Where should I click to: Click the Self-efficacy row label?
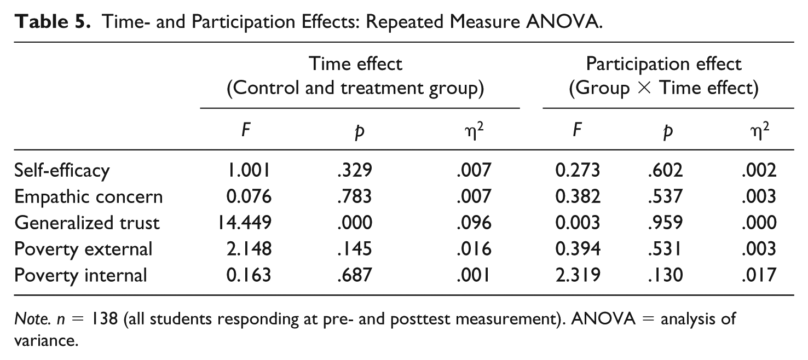pyautogui.click(x=62, y=171)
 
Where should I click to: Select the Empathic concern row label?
pyautogui.click(x=88, y=197)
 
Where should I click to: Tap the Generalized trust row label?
pyautogui.click(x=86, y=223)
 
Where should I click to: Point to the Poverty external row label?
pyautogui.click(x=83, y=249)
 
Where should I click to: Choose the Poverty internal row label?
pyautogui.click(x=80, y=275)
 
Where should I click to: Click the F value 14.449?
pyautogui.click(x=244, y=223)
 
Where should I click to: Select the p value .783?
pyautogui.click(x=355, y=197)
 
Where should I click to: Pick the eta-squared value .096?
pyautogui.click(x=474, y=223)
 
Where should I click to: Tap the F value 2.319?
pyautogui.click(x=578, y=275)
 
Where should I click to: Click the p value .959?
pyautogui.click(x=665, y=223)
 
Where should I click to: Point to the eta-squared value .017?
pyautogui.click(x=759, y=275)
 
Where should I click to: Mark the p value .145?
pyautogui.click(x=355, y=249)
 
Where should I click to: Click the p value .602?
pyautogui.click(x=665, y=171)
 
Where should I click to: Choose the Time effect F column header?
pyautogui.click(x=246, y=130)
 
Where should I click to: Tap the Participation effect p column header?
pyautogui.click(x=668, y=132)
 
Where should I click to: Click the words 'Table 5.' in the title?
pyautogui.click(x=53, y=22)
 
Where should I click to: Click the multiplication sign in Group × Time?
pyautogui.click(x=644, y=88)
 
